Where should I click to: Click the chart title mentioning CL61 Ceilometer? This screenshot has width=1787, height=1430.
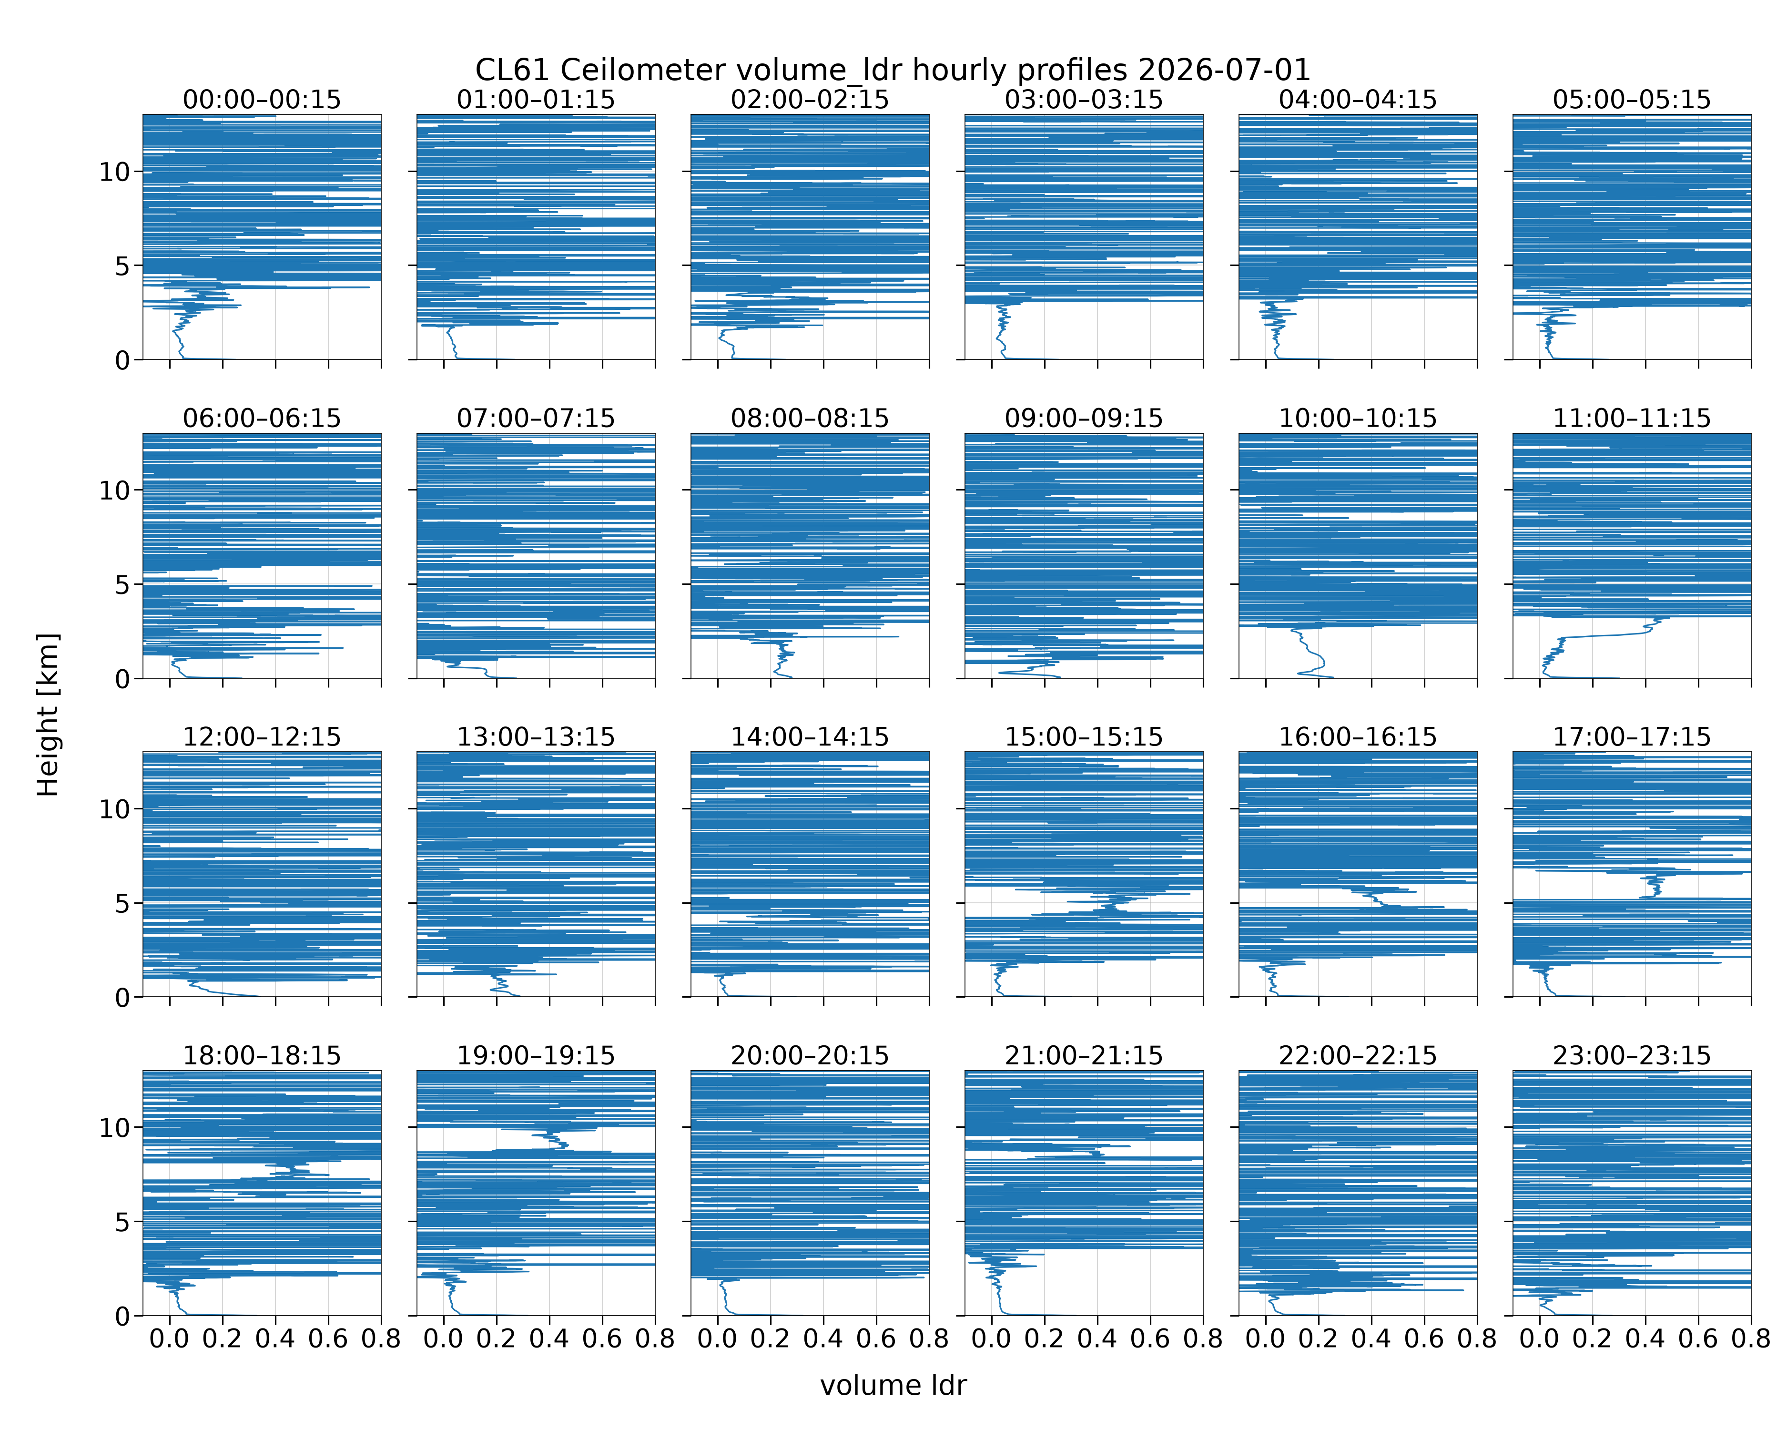pos(893,70)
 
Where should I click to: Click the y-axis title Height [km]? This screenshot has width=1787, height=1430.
pos(48,715)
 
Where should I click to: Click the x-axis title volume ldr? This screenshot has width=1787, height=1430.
pos(893,1385)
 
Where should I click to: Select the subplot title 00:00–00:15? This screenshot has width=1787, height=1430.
pos(262,100)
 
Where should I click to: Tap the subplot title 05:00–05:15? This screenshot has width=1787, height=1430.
pos(1631,100)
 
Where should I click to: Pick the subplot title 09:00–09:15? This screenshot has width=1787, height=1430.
pos(1083,418)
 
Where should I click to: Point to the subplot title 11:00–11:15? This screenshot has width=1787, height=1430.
pos(1631,418)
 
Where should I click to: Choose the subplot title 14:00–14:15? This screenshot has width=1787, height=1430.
pos(810,737)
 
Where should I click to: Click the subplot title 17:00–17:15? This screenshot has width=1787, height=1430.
pos(1631,737)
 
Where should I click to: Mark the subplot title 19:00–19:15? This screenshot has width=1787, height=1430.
pos(536,1055)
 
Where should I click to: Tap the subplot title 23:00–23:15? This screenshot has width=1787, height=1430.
pos(1631,1055)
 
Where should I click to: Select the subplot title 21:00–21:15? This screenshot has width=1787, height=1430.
pos(1083,1055)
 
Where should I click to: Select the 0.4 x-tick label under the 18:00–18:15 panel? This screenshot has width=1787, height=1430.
pos(275,1339)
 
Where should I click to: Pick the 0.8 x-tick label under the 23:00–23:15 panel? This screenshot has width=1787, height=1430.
pos(1750,1339)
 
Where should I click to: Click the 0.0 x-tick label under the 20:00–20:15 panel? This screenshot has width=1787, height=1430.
pos(718,1339)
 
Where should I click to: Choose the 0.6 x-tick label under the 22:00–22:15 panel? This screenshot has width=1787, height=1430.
pos(1424,1339)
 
